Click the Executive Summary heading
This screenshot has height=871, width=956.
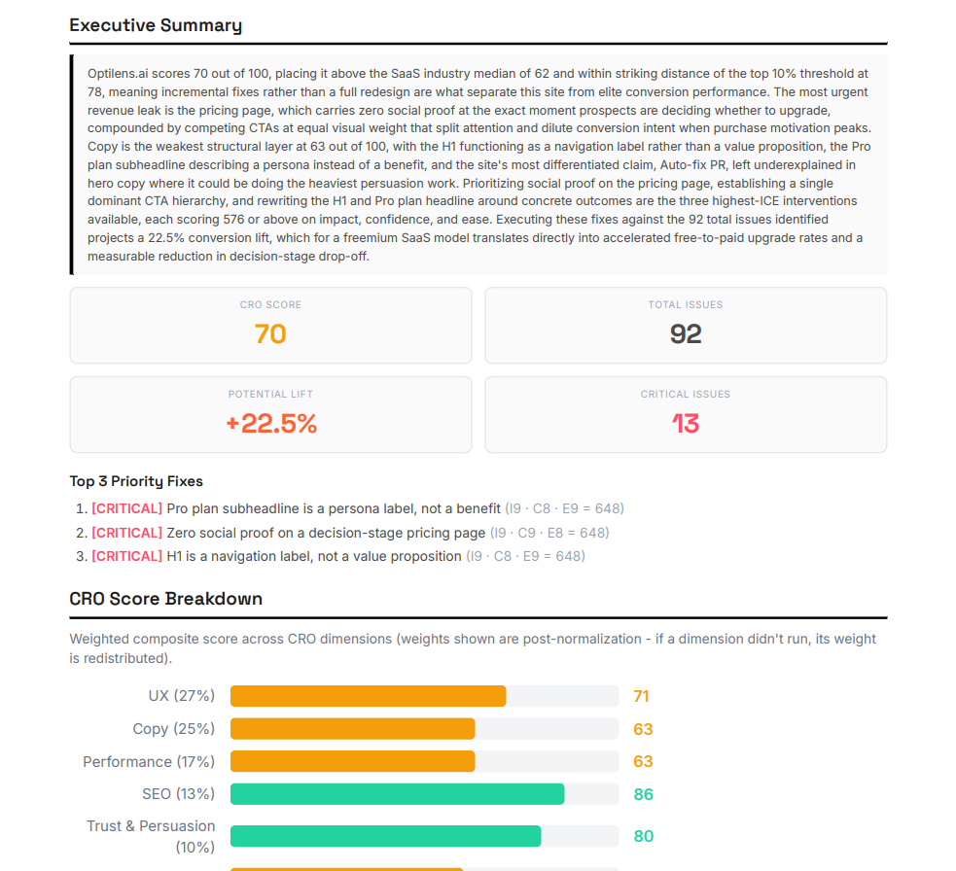[156, 25]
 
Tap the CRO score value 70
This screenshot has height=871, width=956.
[270, 334]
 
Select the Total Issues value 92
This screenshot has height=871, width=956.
[686, 334]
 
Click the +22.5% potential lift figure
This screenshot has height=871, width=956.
[270, 424]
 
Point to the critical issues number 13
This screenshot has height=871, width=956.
[686, 424]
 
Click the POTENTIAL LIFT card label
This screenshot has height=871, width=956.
[270, 395]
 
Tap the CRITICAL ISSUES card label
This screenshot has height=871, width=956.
[686, 395]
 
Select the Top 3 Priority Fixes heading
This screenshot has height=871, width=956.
[136, 481]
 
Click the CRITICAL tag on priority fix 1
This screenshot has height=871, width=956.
[126, 508]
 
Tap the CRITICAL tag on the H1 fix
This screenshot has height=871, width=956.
[126, 556]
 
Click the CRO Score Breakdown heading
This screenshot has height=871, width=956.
[166, 599]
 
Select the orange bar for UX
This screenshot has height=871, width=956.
[368, 696]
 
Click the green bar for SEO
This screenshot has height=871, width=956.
[397, 794]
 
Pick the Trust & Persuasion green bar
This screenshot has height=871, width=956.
[385, 836]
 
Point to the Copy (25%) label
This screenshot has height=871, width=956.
[173, 729]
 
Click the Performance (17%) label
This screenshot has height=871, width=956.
[149, 761]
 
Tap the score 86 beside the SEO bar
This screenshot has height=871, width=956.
[643, 794]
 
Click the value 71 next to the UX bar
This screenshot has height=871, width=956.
[641, 696]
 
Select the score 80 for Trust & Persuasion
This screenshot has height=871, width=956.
[643, 836]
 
